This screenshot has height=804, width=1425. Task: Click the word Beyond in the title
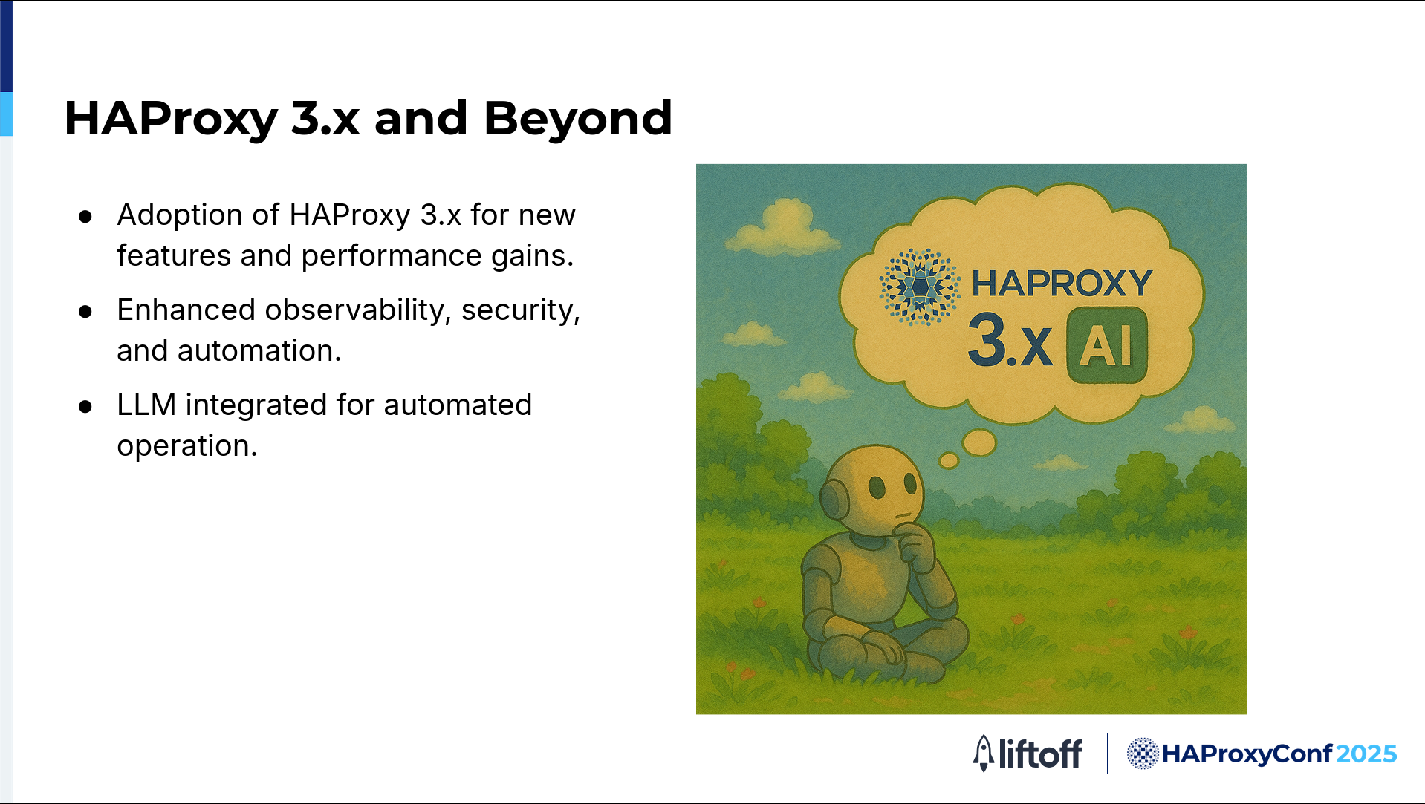tap(578, 118)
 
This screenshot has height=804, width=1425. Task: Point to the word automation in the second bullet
tap(259, 350)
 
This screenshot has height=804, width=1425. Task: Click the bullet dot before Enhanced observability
tap(85, 311)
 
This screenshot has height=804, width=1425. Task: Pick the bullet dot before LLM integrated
tap(85, 406)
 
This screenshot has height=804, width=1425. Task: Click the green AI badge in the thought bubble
tap(1106, 345)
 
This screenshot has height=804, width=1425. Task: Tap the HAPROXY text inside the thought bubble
tap(1062, 284)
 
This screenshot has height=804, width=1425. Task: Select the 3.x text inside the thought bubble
tap(1010, 341)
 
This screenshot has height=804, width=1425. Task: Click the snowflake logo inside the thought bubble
tap(920, 287)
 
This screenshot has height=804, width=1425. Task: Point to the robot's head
tap(872, 490)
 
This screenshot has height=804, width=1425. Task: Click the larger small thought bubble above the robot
tap(979, 442)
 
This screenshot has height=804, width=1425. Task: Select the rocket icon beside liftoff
tap(984, 754)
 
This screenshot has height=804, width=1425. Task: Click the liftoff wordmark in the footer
tap(1040, 754)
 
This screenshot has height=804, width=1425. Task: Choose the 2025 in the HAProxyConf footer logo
tap(1366, 754)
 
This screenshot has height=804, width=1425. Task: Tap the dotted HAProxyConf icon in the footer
tap(1143, 754)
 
